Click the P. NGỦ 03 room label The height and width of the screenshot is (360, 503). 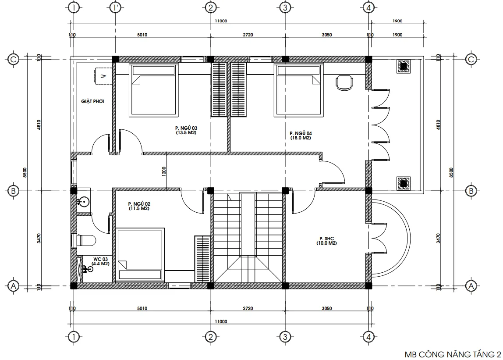click(x=186, y=130)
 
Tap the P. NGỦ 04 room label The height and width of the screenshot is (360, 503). click(x=301, y=135)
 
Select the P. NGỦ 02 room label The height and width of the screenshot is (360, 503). click(x=139, y=206)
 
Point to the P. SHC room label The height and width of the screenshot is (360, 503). click(x=326, y=241)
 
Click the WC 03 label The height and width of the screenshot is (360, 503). click(x=100, y=261)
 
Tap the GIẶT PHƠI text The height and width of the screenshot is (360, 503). click(x=92, y=101)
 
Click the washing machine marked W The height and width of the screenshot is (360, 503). click(x=103, y=76)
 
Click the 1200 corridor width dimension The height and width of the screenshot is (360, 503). click(x=164, y=171)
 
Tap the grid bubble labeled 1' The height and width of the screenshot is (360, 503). click(x=115, y=7)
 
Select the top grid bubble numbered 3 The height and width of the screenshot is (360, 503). click(x=285, y=7)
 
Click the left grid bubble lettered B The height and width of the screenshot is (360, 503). click(x=13, y=191)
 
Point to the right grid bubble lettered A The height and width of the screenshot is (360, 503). click(x=471, y=286)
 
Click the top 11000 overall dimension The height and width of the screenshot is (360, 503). click(x=221, y=21)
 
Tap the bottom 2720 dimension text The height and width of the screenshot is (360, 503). click(x=248, y=308)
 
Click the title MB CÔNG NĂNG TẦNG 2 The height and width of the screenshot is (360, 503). click(x=453, y=355)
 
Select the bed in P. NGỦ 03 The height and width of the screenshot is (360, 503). click(x=154, y=89)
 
